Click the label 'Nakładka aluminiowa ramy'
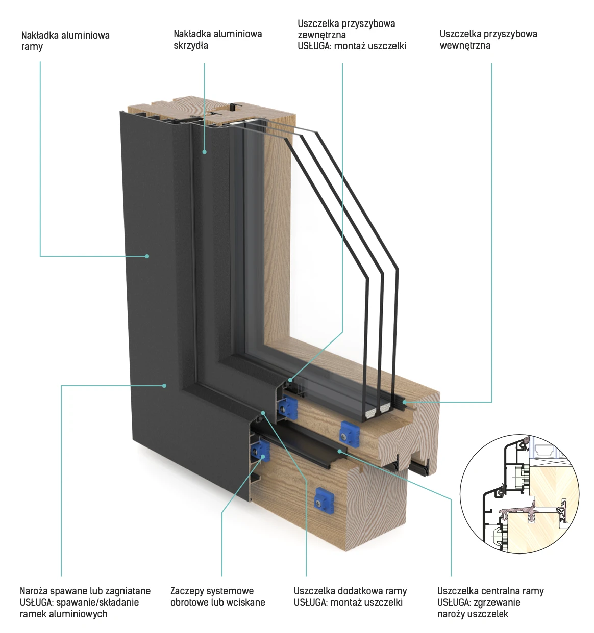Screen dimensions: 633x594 pos(65,41)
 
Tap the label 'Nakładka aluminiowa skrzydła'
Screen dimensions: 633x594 pos(217,39)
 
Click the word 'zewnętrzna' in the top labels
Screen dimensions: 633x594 pos(321,35)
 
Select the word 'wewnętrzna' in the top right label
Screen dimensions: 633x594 pos(465,45)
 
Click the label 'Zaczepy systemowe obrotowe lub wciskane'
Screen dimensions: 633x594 pos(217,596)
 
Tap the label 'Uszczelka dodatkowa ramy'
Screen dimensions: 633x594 pos(350,591)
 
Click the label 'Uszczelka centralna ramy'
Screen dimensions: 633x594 pos(490,591)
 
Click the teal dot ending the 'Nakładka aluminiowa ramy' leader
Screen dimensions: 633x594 pos(147,256)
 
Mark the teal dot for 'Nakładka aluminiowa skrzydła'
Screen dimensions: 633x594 pos(204,152)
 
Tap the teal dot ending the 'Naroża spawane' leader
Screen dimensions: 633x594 pos(164,386)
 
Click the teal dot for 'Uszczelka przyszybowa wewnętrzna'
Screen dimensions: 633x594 pos(405,402)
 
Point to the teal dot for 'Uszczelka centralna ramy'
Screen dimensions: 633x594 pos(340,451)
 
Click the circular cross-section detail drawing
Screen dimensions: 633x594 pos(519,493)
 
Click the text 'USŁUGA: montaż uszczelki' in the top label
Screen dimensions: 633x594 pos(352,46)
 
